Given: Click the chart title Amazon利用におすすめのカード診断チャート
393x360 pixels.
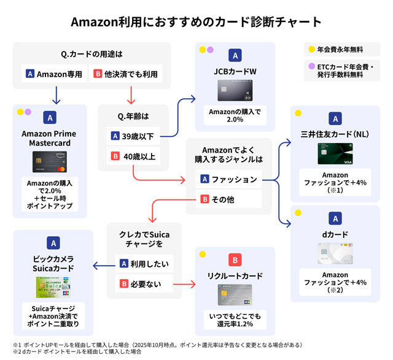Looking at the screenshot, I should (x=196, y=22).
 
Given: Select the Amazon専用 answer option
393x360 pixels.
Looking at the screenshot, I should (x=53, y=74).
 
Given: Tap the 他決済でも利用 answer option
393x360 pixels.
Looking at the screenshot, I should (x=126, y=74).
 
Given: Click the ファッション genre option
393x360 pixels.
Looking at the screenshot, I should (x=228, y=180).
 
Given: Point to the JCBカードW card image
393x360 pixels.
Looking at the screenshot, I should (x=235, y=91).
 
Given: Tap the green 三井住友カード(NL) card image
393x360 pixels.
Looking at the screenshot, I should (x=335, y=153).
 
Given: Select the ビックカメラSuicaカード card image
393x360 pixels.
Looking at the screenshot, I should (x=53, y=287).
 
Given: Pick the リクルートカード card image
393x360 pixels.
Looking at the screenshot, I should (x=235, y=294).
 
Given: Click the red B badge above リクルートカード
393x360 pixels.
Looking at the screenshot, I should (x=235, y=259).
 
